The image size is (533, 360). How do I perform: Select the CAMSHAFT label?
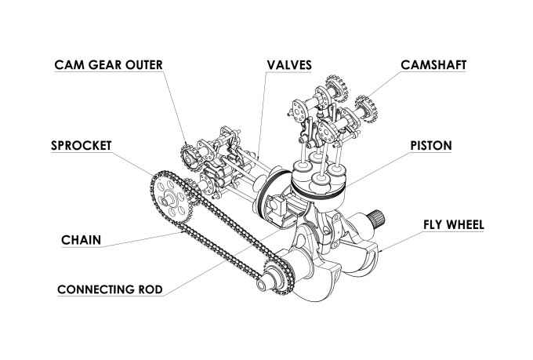tap(433, 64)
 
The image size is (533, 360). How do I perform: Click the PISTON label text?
tap(430, 145)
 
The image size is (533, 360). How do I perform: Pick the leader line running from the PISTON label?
tap(384, 165)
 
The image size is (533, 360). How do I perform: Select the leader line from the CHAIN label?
tap(149, 239)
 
